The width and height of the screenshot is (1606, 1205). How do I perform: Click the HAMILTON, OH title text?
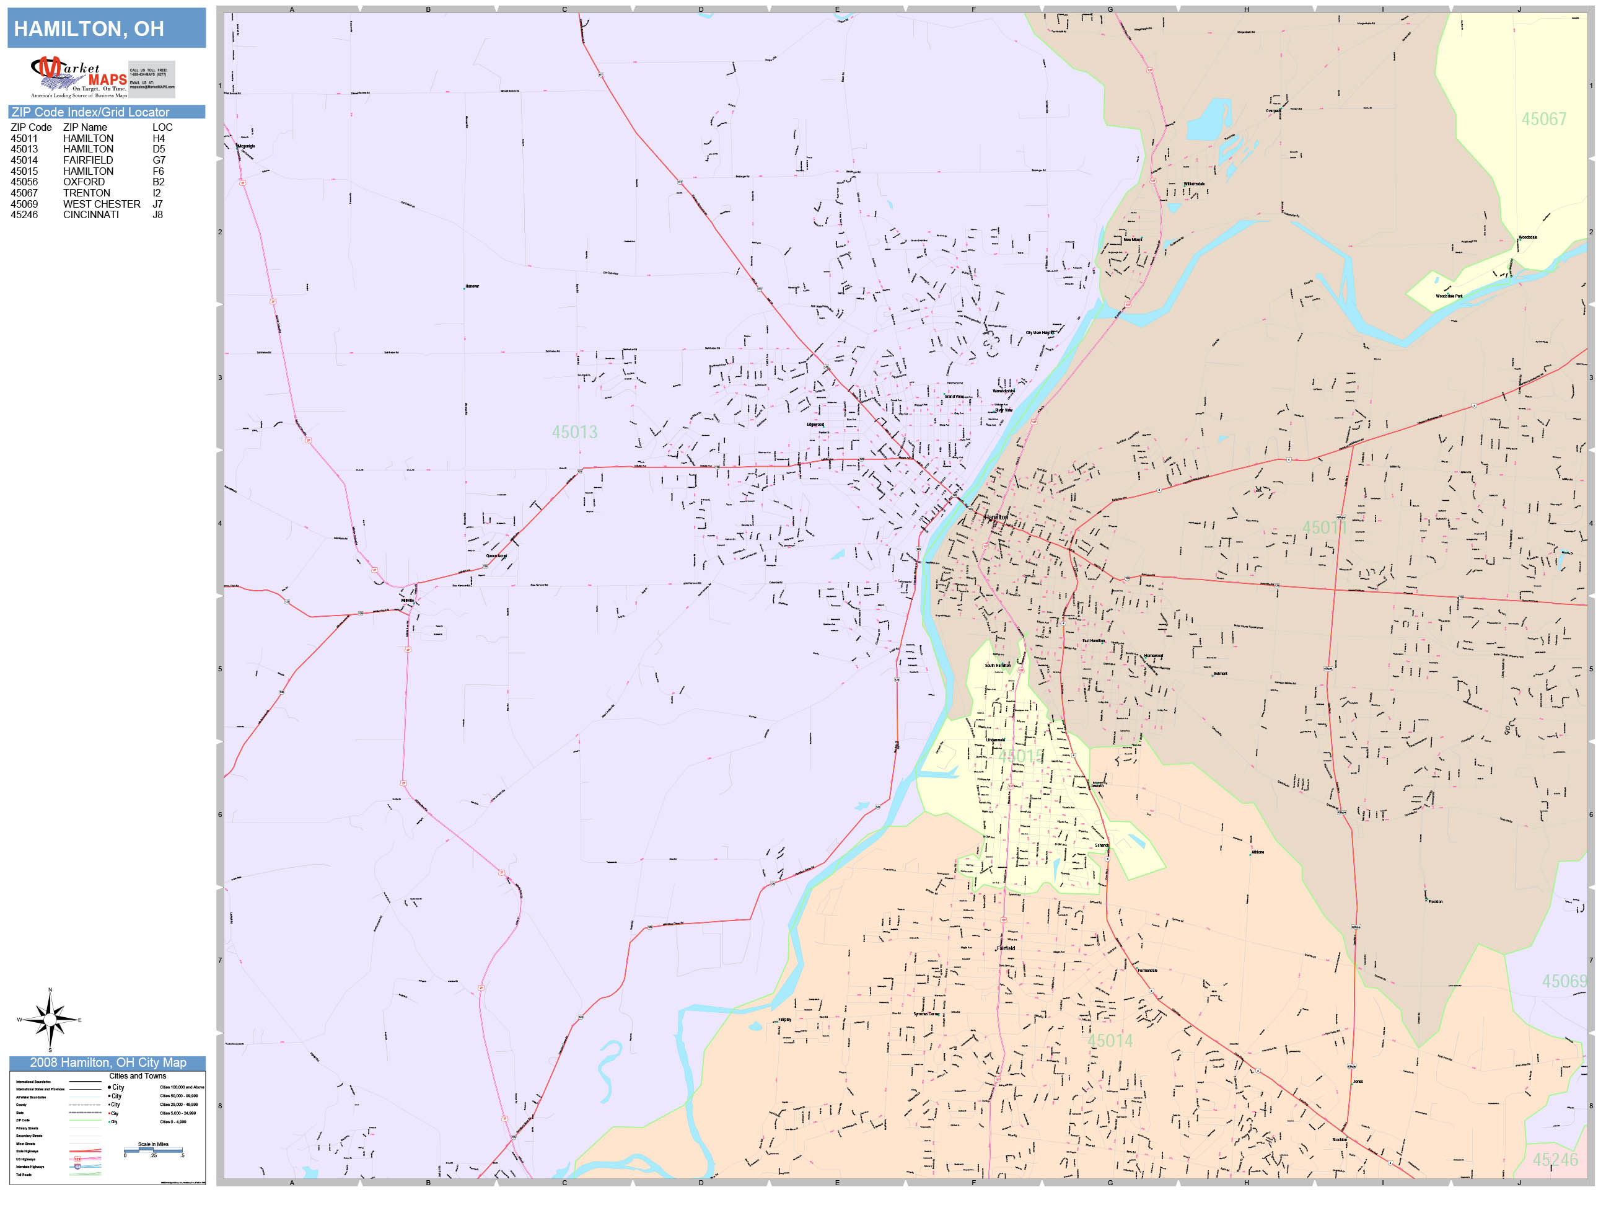[89, 29]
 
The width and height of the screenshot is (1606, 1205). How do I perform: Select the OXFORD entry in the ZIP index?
[84, 182]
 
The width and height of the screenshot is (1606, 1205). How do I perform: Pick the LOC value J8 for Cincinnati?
[157, 215]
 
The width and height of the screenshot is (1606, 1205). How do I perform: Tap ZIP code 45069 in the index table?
[24, 204]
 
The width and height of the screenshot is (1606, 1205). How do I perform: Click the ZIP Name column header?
[85, 127]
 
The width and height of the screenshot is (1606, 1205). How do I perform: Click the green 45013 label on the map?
[574, 432]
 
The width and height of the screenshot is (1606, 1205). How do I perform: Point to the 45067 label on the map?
[1543, 119]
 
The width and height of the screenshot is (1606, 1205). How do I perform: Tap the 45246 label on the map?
[1555, 1160]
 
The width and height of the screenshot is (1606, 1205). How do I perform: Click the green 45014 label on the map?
[1109, 1041]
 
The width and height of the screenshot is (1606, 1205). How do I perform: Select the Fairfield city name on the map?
[1006, 948]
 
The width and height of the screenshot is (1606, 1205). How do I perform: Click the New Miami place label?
[1133, 240]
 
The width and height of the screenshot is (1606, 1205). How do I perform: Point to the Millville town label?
[407, 601]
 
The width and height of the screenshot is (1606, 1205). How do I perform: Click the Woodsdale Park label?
[1449, 296]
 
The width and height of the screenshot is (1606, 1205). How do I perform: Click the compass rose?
[50, 1020]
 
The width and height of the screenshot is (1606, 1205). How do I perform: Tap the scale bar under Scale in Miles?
[153, 1150]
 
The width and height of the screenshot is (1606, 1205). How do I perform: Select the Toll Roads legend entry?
[24, 1175]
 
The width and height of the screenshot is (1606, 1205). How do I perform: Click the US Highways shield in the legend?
[77, 1159]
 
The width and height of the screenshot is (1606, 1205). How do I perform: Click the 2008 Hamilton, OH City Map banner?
[107, 1062]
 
